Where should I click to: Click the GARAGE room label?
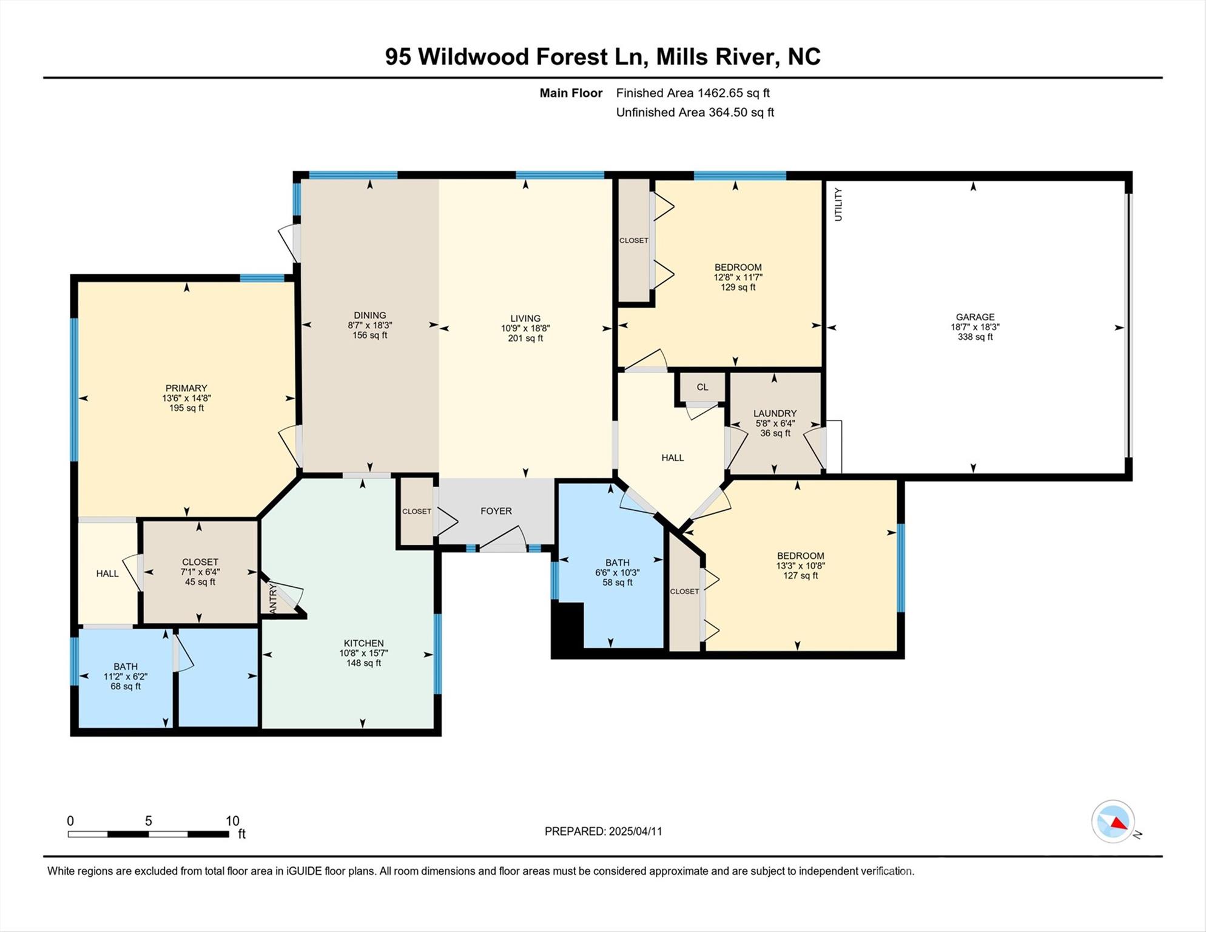[x=975, y=317]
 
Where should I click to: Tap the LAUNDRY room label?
[x=775, y=413]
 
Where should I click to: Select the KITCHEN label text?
[x=363, y=643]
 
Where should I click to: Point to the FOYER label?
[x=496, y=511]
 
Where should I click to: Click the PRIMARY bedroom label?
[x=186, y=388]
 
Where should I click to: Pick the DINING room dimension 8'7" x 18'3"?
[x=369, y=325]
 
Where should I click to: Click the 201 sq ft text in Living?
[x=525, y=338]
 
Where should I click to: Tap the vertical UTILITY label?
[x=838, y=204]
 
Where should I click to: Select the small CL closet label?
[x=702, y=387]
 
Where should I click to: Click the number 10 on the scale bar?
[x=232, y=821]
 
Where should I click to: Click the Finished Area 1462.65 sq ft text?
[x=692, y=93]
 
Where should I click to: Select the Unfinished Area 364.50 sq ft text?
[x=695, y=112]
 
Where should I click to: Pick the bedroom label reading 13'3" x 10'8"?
[x=800, y=566]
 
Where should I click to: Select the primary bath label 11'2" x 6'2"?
[x=126, y=677]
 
